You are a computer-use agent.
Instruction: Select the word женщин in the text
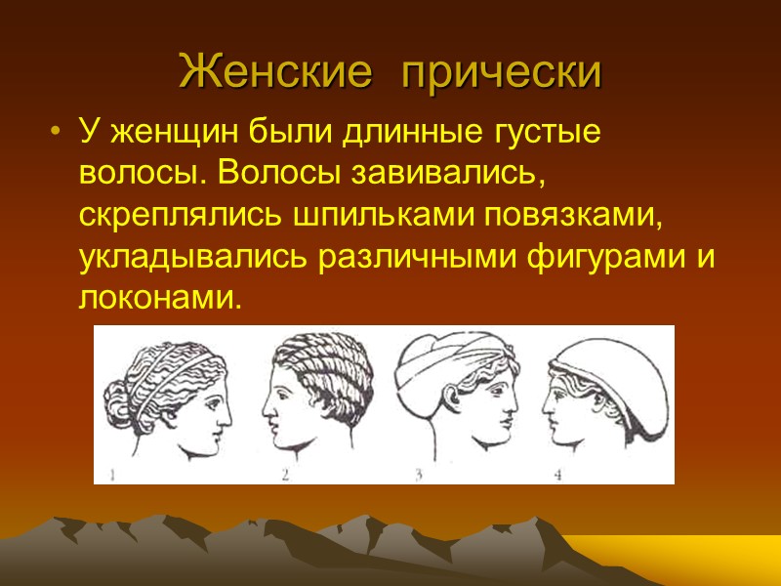[161, 133]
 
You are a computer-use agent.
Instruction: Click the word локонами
[157, 299]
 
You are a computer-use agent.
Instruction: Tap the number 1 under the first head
[113, 476]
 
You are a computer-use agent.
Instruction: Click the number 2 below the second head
[286, 476]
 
